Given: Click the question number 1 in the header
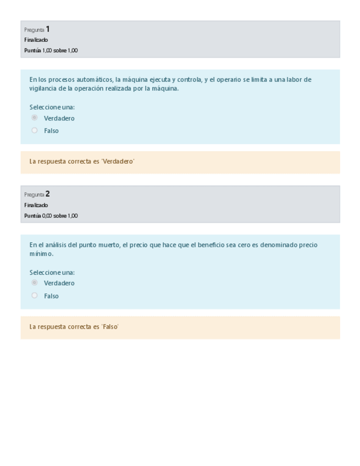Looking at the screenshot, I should pos(48,29).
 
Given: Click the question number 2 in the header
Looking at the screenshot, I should pos(48,194).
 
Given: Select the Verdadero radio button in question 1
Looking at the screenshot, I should pos(35,118).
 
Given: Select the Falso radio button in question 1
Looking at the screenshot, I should pos(35,130).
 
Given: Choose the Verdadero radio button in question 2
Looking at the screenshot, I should pos(35,282).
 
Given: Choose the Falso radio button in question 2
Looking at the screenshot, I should pos(35,295).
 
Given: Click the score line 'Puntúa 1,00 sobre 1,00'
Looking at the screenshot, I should pos(51,51).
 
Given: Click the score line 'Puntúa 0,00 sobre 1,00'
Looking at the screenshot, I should pos(51,215).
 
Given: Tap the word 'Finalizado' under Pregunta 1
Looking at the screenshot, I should pos(36,40).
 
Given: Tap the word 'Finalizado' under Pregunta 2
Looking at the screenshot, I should pos(36,205).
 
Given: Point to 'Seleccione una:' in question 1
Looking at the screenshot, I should pos(52,107).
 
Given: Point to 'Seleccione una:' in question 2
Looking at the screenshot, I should pos(52,272).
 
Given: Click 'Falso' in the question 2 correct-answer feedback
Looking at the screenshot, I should pos(110,327).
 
